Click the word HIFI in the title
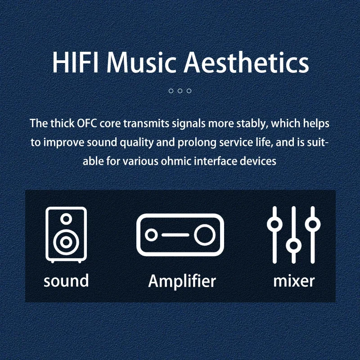(76, 63)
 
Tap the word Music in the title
(141, 63)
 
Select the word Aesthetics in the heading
(246, 62)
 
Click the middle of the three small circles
(180, 91)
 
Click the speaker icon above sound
(66, 234)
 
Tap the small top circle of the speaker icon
(66, 219)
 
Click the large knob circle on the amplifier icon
(205, 235)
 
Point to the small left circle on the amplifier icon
(151, 235)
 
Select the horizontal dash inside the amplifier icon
(175, 235)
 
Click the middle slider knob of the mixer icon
(294, 245)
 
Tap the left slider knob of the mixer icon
(274, 224)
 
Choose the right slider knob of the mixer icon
(313, 224)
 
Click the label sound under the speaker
(66, 280)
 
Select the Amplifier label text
(182, 281)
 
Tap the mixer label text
(294, 281)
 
